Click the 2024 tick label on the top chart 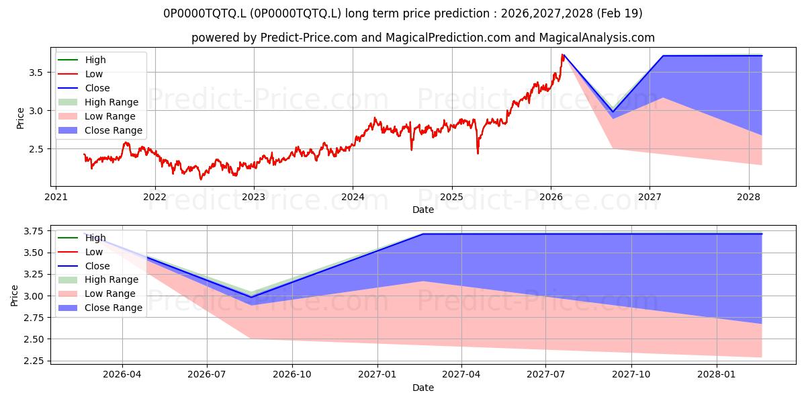coord(353,197)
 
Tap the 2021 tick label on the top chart coord(56,197)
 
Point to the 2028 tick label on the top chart coord(748,197)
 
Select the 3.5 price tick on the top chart coord(36,73)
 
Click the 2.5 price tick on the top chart coord(36,149)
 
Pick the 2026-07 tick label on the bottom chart coord(207,375)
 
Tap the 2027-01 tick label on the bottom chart coord(377,375)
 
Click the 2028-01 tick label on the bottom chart coord(717,375)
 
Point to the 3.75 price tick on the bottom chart coord(33,231)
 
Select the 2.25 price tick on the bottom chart coord(33,361)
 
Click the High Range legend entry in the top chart coord(98,102)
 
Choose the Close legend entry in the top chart coord(84,88)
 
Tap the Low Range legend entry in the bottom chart coord(97,294)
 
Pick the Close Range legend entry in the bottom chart coord(100,308)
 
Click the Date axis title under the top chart coord(423,210)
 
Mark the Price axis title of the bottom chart coord(14,296)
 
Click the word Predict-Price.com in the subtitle coord(309,38)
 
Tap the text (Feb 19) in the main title coord(619,13)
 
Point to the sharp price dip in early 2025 coord(478,153)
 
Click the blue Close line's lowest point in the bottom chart coord(251,297)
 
